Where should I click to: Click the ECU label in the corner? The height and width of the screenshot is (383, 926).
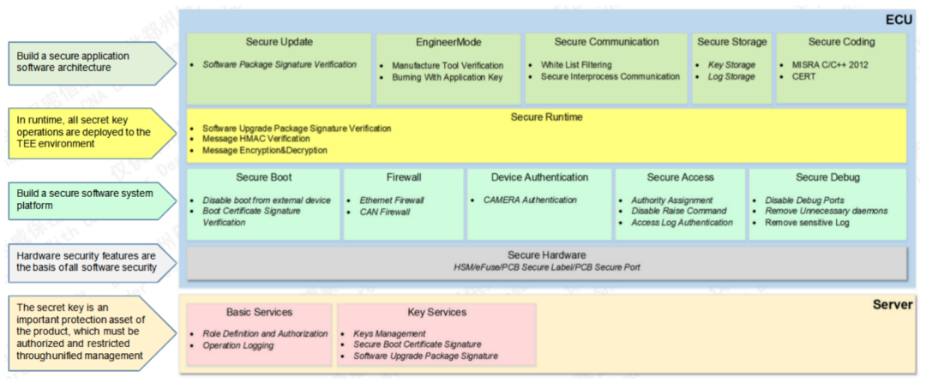tap(899, 21)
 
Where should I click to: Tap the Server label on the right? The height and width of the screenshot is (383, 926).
tap(893, 304)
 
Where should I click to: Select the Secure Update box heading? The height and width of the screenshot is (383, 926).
tap(280, 42)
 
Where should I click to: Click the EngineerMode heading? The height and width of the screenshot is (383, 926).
tap(448, 42)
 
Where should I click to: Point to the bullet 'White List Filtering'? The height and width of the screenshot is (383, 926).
tap(576, 65)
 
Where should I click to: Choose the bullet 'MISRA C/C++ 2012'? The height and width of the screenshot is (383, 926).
tap(830, 65)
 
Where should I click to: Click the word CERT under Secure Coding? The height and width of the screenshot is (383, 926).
tap(804, 77)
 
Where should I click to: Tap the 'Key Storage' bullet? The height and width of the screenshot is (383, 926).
tap(731, 65)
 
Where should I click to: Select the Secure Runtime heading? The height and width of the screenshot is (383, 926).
tap(546, 117)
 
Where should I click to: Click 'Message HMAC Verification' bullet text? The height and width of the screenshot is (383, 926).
tap(256, 139)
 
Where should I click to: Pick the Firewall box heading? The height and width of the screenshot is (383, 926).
tap(404, 177)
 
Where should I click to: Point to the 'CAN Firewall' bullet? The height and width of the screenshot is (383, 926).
tap(384, 212)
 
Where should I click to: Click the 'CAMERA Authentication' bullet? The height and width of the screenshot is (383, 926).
tap(530, 200)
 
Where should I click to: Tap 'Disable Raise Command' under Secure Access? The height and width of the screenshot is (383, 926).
tap(678, 211)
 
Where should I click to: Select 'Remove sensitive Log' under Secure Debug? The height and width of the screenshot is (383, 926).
tap(807, 223)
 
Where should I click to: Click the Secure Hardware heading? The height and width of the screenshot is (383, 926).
tap(546, 255)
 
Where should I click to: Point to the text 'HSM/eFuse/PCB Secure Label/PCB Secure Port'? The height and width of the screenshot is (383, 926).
tap(546, 267)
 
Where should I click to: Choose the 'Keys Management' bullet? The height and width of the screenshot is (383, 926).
tap(389, 333)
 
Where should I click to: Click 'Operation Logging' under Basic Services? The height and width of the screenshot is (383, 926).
tap(238, 345)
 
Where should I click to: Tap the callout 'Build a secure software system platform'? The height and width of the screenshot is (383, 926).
tap(85, 200)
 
